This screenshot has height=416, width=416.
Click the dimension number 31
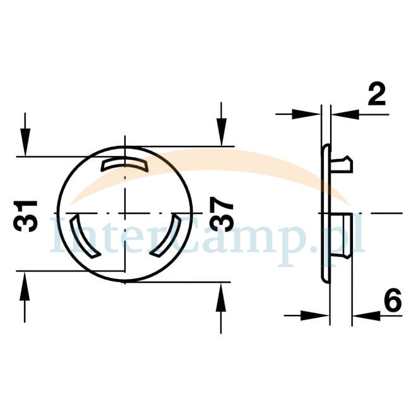[x=25, y=217]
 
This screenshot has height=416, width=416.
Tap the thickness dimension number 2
[x=377, y=95]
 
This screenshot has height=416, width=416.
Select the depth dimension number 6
[x=393, y=301]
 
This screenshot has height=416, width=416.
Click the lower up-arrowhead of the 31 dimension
[x=25, y=285]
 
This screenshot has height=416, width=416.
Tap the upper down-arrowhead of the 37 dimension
[x=222, y=132]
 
